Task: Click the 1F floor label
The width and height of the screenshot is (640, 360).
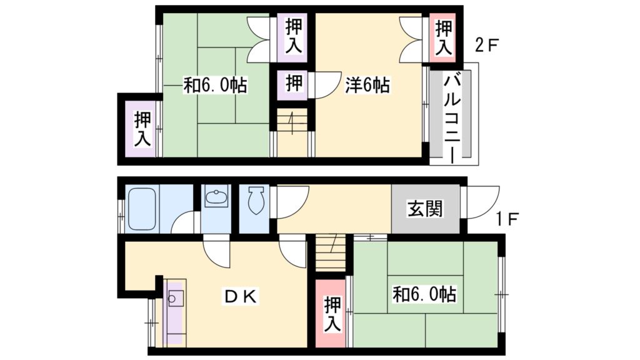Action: (x=507, y=219)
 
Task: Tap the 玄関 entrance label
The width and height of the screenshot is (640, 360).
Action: (x=425, y=209)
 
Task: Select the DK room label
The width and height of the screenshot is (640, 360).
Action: (x=240, y=297)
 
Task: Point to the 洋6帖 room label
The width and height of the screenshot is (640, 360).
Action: (x=368, y=85)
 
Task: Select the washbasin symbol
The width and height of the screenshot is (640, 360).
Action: (x=216, y=198)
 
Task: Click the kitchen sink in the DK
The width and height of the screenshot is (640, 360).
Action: (x=175, y=299)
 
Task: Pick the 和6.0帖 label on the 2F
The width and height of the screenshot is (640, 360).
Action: (x=214, y=85)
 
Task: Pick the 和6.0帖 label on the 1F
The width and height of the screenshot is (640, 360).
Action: (x=424, y=294)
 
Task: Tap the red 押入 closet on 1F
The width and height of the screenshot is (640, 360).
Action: (x=331, y=314)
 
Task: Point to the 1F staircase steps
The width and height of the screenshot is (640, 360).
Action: (x=329, y=251)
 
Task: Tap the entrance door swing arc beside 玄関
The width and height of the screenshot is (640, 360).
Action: (x=481, y=201)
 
